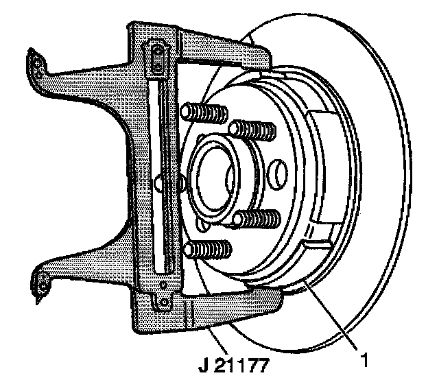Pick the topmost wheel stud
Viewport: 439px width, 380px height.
click(204, 111)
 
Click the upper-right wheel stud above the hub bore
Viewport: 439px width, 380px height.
click(250, 129)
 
